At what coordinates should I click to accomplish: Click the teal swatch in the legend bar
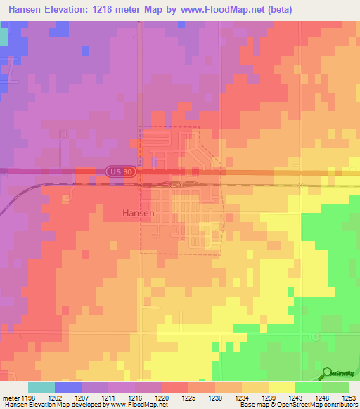pos(41,387)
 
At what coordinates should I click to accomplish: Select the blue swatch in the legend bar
pos(68,387)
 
